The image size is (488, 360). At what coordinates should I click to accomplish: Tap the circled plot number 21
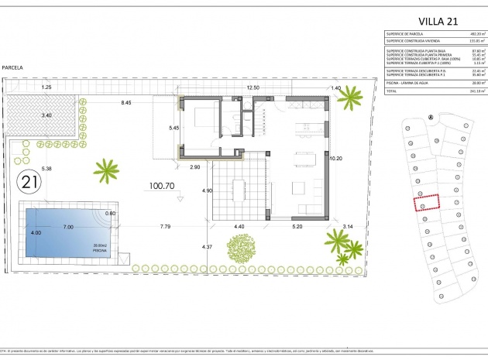[30, 183]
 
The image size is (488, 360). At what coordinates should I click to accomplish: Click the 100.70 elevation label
[163, 187]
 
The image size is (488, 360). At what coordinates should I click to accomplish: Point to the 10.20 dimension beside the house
[335, 158]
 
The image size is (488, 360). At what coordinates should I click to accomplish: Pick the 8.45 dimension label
[125, 101]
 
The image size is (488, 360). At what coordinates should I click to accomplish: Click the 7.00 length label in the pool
[68, 227]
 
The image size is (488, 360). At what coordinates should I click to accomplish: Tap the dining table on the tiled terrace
[239, 190]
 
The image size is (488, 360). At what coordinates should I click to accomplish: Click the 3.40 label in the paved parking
[46, 115]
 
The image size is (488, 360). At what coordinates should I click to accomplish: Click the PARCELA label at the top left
[12, 68]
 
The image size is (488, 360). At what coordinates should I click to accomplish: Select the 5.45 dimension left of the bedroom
[174, 127]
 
